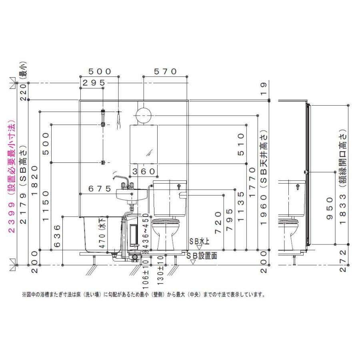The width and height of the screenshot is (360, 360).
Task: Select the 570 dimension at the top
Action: [x=166, y=72]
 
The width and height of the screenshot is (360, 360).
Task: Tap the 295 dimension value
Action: [x=94, y=83]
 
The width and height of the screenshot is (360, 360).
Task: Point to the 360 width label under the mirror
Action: [x=144, y=171]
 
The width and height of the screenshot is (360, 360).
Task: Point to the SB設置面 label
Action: [x=203, y=256]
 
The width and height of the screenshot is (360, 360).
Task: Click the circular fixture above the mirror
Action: [x=143, y=115]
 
